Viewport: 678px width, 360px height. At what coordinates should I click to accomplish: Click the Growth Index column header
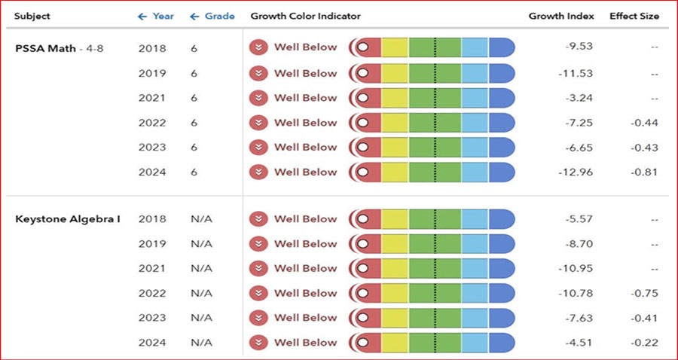(561, 16)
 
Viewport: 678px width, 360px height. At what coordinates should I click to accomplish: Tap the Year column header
(156, 16)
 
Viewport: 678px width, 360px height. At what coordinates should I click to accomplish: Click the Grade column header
(212, 16)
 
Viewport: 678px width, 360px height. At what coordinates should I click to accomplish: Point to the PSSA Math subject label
(46, 49)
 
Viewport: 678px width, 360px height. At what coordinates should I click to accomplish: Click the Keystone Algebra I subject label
(68, 219)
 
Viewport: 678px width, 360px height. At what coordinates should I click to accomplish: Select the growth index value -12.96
(579, 172)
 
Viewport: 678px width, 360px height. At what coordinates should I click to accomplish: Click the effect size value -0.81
(645, 172)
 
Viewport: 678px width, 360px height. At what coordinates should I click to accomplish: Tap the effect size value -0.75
(645, 293)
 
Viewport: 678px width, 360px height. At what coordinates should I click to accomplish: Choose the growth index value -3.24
(581, 98)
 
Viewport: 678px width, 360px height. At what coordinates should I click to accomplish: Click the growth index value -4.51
(581, 343)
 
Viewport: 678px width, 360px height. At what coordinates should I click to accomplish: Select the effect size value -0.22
(645, 343)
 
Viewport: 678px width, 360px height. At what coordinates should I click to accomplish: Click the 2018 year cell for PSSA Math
(152, 49)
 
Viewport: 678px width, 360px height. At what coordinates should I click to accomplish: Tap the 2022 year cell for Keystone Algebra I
(152, 293)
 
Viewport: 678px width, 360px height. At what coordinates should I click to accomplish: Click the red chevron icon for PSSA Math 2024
(259, 172)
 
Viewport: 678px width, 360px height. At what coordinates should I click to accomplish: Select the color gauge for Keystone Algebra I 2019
(432, 244)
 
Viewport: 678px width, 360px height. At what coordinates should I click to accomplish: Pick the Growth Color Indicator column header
(305, 16)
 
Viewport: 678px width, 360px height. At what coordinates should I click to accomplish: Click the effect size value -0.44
(645, 123)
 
